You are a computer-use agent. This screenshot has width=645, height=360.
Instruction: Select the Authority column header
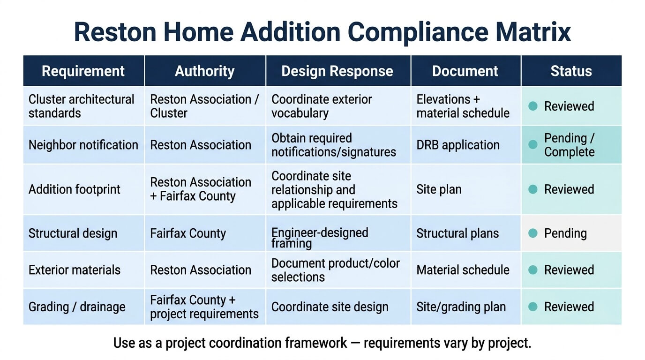click(x=205, y=71)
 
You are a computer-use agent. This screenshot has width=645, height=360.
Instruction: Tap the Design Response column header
click(x=337, y=71)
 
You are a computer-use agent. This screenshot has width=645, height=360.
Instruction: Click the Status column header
click(x=571, y=71)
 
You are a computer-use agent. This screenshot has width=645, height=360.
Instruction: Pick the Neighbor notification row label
click(x=83, y=145)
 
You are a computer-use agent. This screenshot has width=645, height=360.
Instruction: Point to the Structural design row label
click(x=73, y=233)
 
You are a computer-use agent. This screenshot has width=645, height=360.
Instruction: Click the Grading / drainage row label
click(x=77, y=307)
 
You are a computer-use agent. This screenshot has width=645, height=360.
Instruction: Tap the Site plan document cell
click(x=439, y=189)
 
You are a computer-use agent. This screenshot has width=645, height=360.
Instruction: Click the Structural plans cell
click(x=457, y=233)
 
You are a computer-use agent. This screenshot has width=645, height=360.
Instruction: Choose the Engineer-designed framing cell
click(x=320, y=238)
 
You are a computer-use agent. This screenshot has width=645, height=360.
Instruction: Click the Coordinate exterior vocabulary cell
click(x=322, y=106)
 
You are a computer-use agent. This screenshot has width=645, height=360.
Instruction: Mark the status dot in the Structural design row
click(x=533, y=233)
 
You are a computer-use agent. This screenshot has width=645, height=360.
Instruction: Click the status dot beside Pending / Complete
click(x=533, y=144)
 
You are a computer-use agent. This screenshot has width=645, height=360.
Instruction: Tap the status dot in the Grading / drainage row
click(x=533, y=307)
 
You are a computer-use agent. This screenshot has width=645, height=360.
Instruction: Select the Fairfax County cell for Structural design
click(x=188, y=233)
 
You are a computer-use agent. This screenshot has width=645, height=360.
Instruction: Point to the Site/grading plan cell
click(x=461, y=307)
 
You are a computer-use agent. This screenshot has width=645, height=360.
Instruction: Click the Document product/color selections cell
click(x=336, y=270)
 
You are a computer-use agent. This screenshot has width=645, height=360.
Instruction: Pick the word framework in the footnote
click(x=316, y=343)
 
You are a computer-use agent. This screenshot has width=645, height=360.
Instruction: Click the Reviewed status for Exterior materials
click(x=569, y=270)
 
